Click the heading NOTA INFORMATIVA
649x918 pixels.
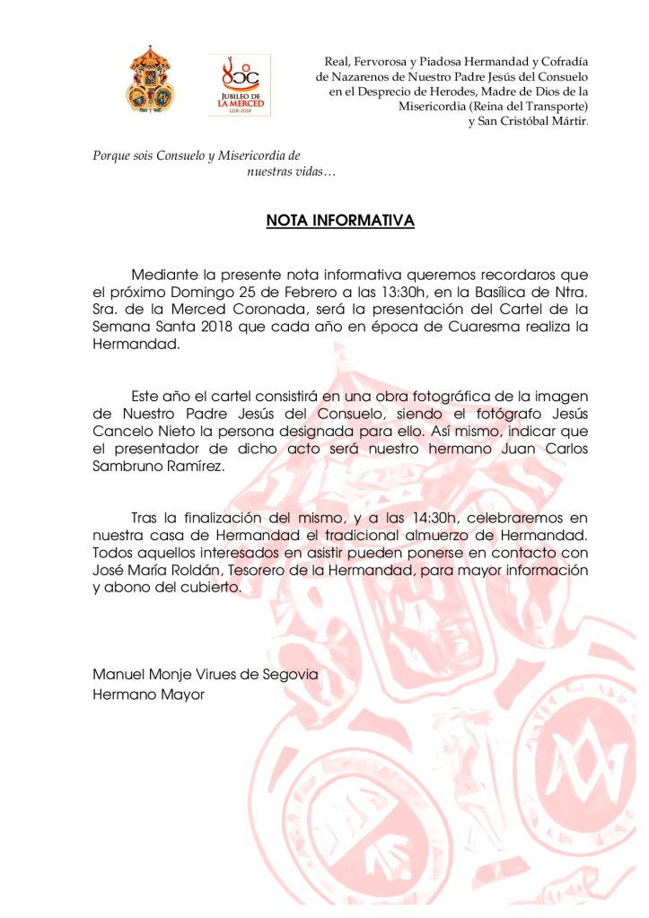[340, 221]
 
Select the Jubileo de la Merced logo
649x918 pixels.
[239, 84]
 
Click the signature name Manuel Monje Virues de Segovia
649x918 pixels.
[205, 675]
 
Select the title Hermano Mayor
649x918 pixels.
[149, 694]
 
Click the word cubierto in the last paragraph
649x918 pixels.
[207, 588]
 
